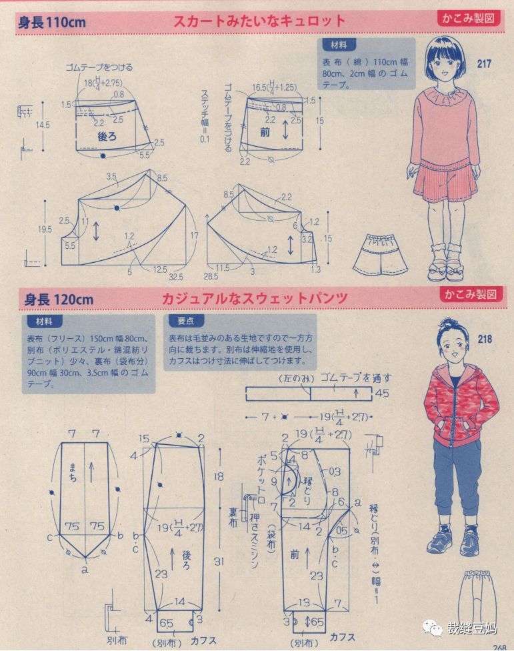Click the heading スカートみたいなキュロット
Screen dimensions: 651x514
pyautogui.click(x=259, y=21)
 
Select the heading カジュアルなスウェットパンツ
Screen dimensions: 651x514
pyautogui.click(x=254, y=298)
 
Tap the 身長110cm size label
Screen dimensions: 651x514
pyautogui.click(x=51, y=22)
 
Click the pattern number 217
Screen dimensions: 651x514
pyautogui.click(x=484, y=64)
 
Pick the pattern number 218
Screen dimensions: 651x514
pyautogui.click(x=485, y=340)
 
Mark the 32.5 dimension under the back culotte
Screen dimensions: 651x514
pyautogui.click(x=177, y=275)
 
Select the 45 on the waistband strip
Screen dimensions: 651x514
pyautogui.click(x=382, y=394)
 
